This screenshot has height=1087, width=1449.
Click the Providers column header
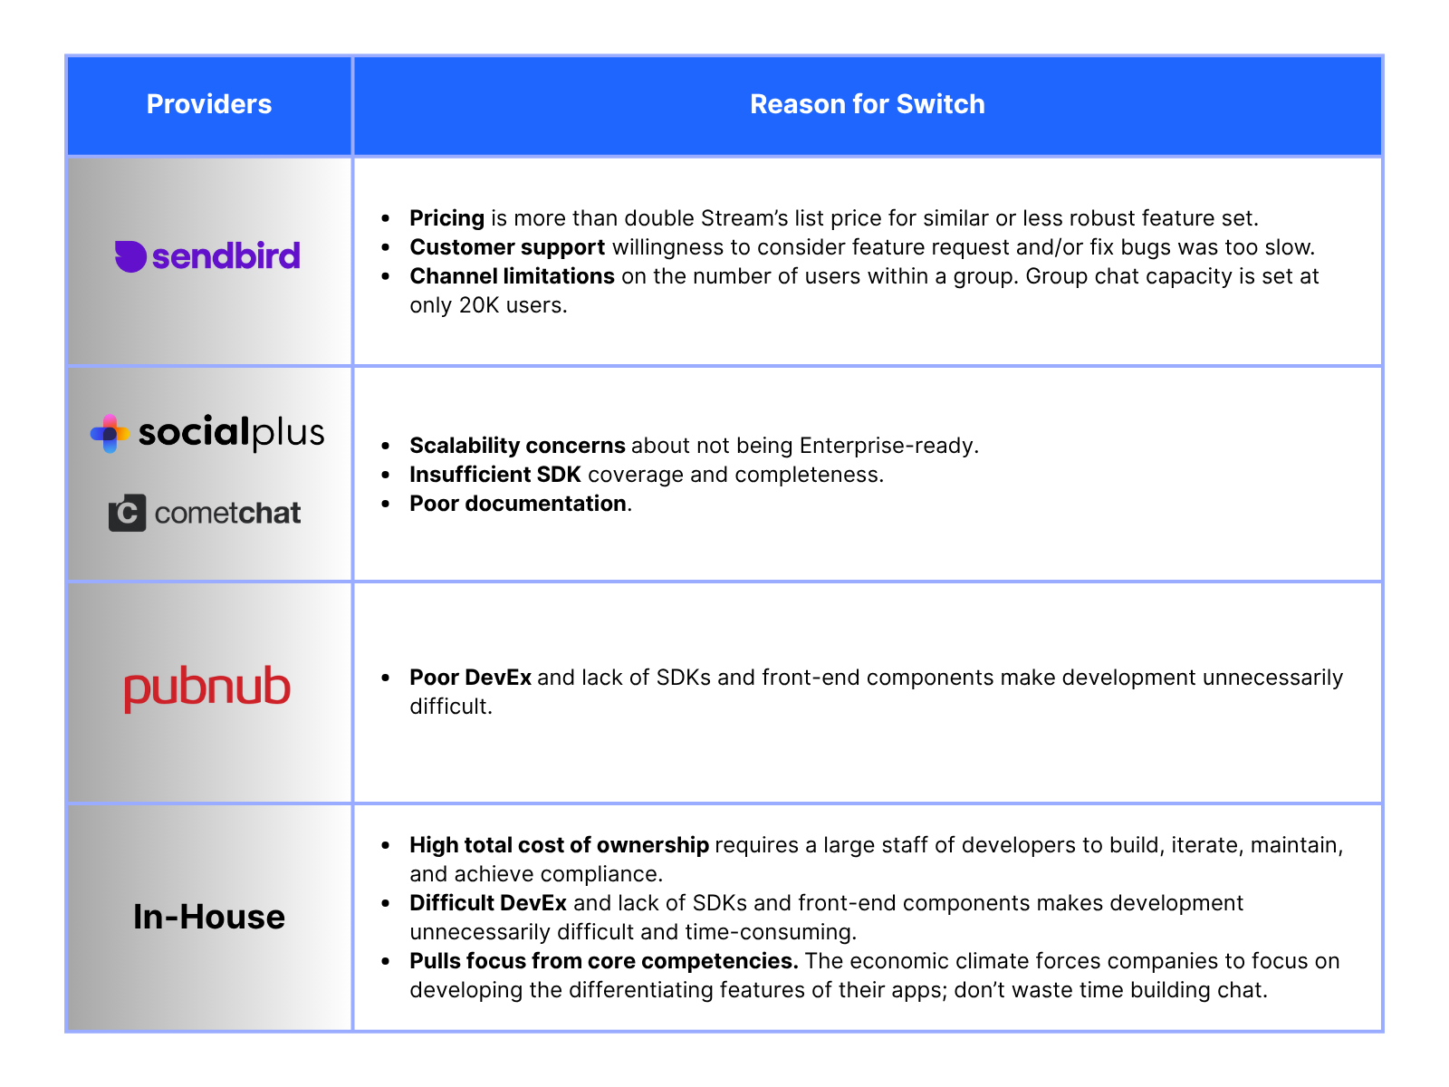tap(209, 104)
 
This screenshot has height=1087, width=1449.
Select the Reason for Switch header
tap(867, 104)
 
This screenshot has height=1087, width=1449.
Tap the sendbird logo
tap(207, 256)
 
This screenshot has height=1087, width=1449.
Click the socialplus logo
tap(208, 433)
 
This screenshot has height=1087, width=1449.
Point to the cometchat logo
tap(206, 513)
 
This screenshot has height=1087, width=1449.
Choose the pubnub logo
tap(207, 688)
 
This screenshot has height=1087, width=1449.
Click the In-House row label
tap(209, 917)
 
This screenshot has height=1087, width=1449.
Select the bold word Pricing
tap(446, 218)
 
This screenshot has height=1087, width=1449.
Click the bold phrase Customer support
tap(507, 247)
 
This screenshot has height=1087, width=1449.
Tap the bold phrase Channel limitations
tap(512, 276)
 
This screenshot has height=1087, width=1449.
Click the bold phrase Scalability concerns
tap(517, 446)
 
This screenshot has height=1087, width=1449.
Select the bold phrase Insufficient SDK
tap(494, 475)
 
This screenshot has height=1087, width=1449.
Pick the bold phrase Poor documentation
tap(518, 504)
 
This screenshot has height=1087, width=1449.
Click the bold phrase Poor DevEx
tap(470, 678)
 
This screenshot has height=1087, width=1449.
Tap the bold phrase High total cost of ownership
tap(559, 845)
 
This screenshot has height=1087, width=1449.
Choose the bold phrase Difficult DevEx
tap(488, 903)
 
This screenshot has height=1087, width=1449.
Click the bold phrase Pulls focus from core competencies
tap(603, 961)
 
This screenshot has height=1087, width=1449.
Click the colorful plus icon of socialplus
tap(110, 434)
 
